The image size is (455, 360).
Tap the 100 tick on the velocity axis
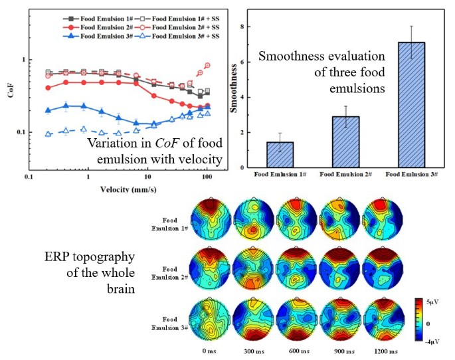[x=208, y=179]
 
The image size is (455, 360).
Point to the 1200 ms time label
[x=383, y=351]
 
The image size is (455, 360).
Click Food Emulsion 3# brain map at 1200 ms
[x=383, y=321]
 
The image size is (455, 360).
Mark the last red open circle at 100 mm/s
[x=208, y=65]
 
